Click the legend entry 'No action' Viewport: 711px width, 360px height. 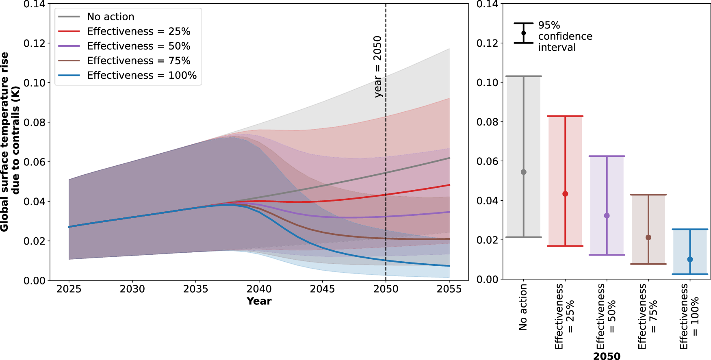pos(111,17)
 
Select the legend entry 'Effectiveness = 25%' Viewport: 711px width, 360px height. pos(138,31)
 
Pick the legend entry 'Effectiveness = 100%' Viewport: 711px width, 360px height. pos(141,75)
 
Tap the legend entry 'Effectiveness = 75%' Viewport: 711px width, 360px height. pos(138,61)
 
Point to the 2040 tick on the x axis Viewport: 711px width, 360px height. pos(259,289)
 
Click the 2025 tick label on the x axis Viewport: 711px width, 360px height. pos(69,289)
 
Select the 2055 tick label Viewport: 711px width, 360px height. pos(449,289)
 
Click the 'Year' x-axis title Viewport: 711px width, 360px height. pos(259,301)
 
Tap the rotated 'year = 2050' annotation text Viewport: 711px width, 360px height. pos(378,67)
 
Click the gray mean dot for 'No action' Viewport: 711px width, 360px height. pos(524,172)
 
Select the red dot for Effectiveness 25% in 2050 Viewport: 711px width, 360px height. pos(565,194)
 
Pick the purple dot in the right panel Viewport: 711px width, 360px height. pos(607,216)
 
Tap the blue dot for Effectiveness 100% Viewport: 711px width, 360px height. pos(690,259)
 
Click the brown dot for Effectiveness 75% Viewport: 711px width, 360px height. pos(648,237)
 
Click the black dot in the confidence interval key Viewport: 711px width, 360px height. pos(523,33)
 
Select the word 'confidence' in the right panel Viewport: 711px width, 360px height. pos(565,36)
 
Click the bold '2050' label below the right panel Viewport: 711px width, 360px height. pos(607,356)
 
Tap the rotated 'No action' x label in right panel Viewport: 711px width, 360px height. pos(523,307)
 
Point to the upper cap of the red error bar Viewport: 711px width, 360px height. pos(565,116)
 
